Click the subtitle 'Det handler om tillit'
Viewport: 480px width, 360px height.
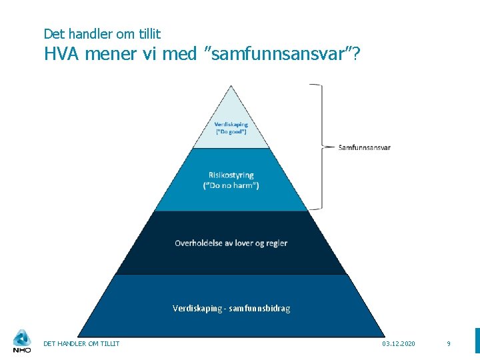[102, 33]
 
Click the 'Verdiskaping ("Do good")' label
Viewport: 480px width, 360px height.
[231, 128]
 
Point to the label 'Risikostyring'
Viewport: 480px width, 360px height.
[231, 175]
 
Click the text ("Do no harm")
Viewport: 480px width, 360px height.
[231, 185]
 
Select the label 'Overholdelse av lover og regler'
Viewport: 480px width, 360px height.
[231, 243]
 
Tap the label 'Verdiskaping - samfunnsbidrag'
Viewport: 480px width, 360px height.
[231, 308]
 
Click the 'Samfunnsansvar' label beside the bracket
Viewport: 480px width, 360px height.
[365, 147]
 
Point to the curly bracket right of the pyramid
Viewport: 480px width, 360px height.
[319, 147]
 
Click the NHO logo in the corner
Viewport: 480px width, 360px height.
[22, 341]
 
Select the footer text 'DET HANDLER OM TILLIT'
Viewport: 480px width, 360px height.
[81, 343]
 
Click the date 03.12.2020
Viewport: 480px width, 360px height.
[399, 343]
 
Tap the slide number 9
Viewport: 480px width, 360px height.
[449, 343]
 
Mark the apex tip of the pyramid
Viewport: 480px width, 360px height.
[231, 87]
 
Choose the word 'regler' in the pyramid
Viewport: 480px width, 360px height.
[276, 243]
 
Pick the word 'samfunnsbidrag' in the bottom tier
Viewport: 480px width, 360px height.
[261, 308]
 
